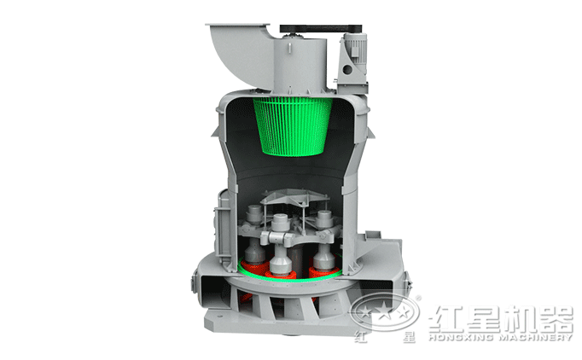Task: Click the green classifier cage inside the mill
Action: coord(293,126)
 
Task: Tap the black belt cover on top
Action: coord(321,29)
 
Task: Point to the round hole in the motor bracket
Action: coord(348,69)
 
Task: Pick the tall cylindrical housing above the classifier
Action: coord(300,64)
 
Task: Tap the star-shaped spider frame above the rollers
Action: coord(295,197)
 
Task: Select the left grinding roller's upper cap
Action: coord(254,214)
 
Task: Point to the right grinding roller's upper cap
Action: coord(324,218)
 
